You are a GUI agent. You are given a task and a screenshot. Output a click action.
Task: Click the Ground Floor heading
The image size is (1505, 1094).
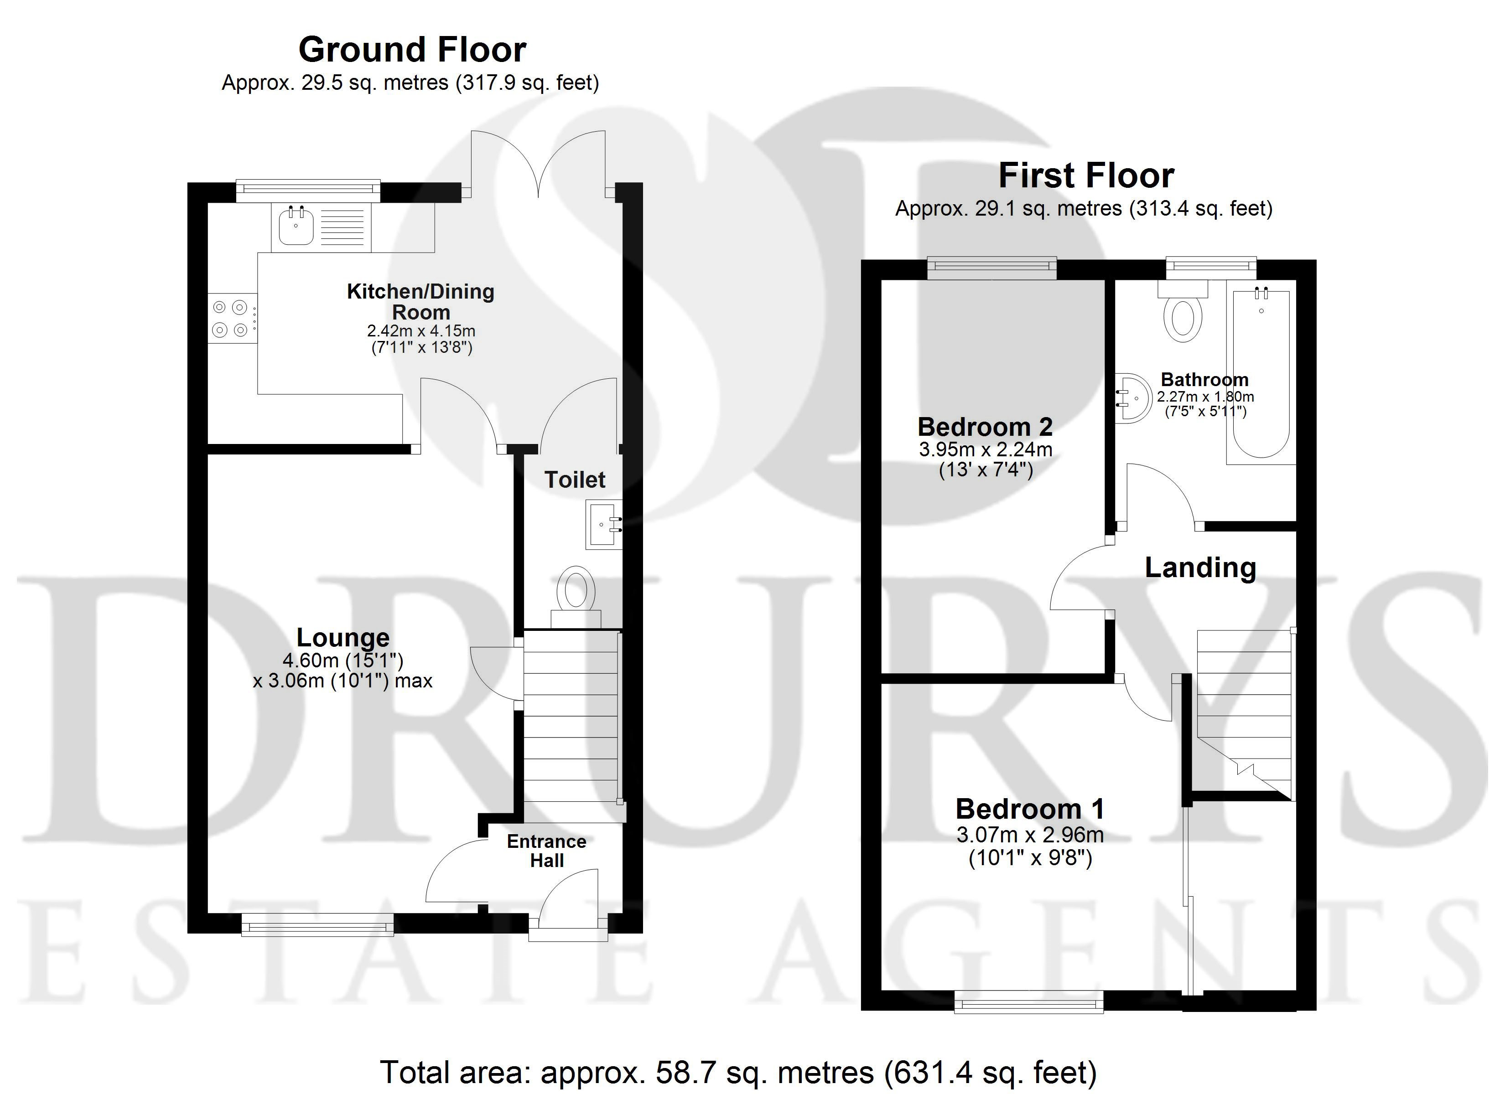[x=412, y=50]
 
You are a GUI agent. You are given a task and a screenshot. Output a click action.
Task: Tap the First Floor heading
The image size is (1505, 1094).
[x=1086, y=176]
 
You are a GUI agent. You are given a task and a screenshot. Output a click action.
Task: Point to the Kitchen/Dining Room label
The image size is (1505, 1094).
[x=420, y=301]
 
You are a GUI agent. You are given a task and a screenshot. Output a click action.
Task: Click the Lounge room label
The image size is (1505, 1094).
[x=343, y=638]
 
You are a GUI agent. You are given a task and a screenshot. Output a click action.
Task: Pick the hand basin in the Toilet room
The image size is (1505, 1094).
[x=604, y=524]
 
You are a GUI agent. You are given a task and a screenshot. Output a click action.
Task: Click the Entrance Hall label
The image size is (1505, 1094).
[x=547, y=851]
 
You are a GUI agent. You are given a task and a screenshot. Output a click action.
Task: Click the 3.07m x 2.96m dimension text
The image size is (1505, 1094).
[x=1030, y=835]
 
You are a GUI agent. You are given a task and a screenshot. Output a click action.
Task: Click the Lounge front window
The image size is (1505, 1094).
[x=317, y=924]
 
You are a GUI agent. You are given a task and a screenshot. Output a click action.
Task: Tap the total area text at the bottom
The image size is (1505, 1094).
[x=738, y=1072]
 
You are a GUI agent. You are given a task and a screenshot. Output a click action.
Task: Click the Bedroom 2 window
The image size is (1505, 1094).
[x=992, y=268]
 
